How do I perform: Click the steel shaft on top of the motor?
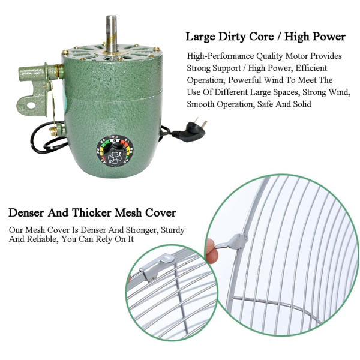(112, 34)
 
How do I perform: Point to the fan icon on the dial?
(114, 157)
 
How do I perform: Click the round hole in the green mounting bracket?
(31, 106)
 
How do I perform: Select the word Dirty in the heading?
(232, 37)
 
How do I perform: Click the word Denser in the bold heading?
(26, 212)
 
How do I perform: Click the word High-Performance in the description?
(221, 56)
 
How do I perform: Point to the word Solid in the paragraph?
(302, 104)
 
